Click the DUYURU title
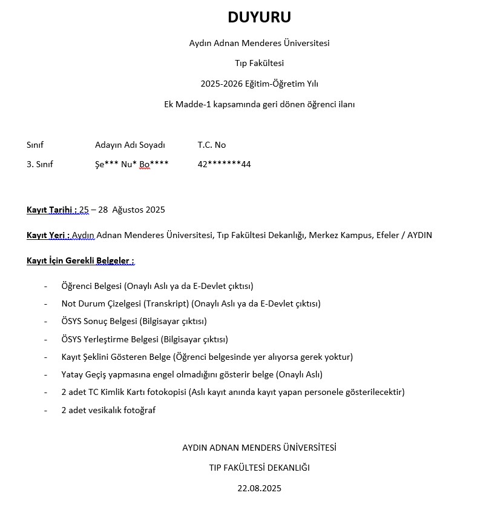point(259,18)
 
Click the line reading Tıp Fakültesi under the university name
point(259,63)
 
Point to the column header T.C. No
point(211,145)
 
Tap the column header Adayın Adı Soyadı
point(130,145)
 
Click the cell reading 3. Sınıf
point(40,164)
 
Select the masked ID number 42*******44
point(224,164)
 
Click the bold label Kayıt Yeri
point(48,235)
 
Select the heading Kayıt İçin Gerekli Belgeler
point(80,260)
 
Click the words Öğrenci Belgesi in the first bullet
point(91,286)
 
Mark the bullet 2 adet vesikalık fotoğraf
point(108,410)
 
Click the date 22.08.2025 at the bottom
point(259,488)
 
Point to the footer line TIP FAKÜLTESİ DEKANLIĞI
point(259,468)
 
